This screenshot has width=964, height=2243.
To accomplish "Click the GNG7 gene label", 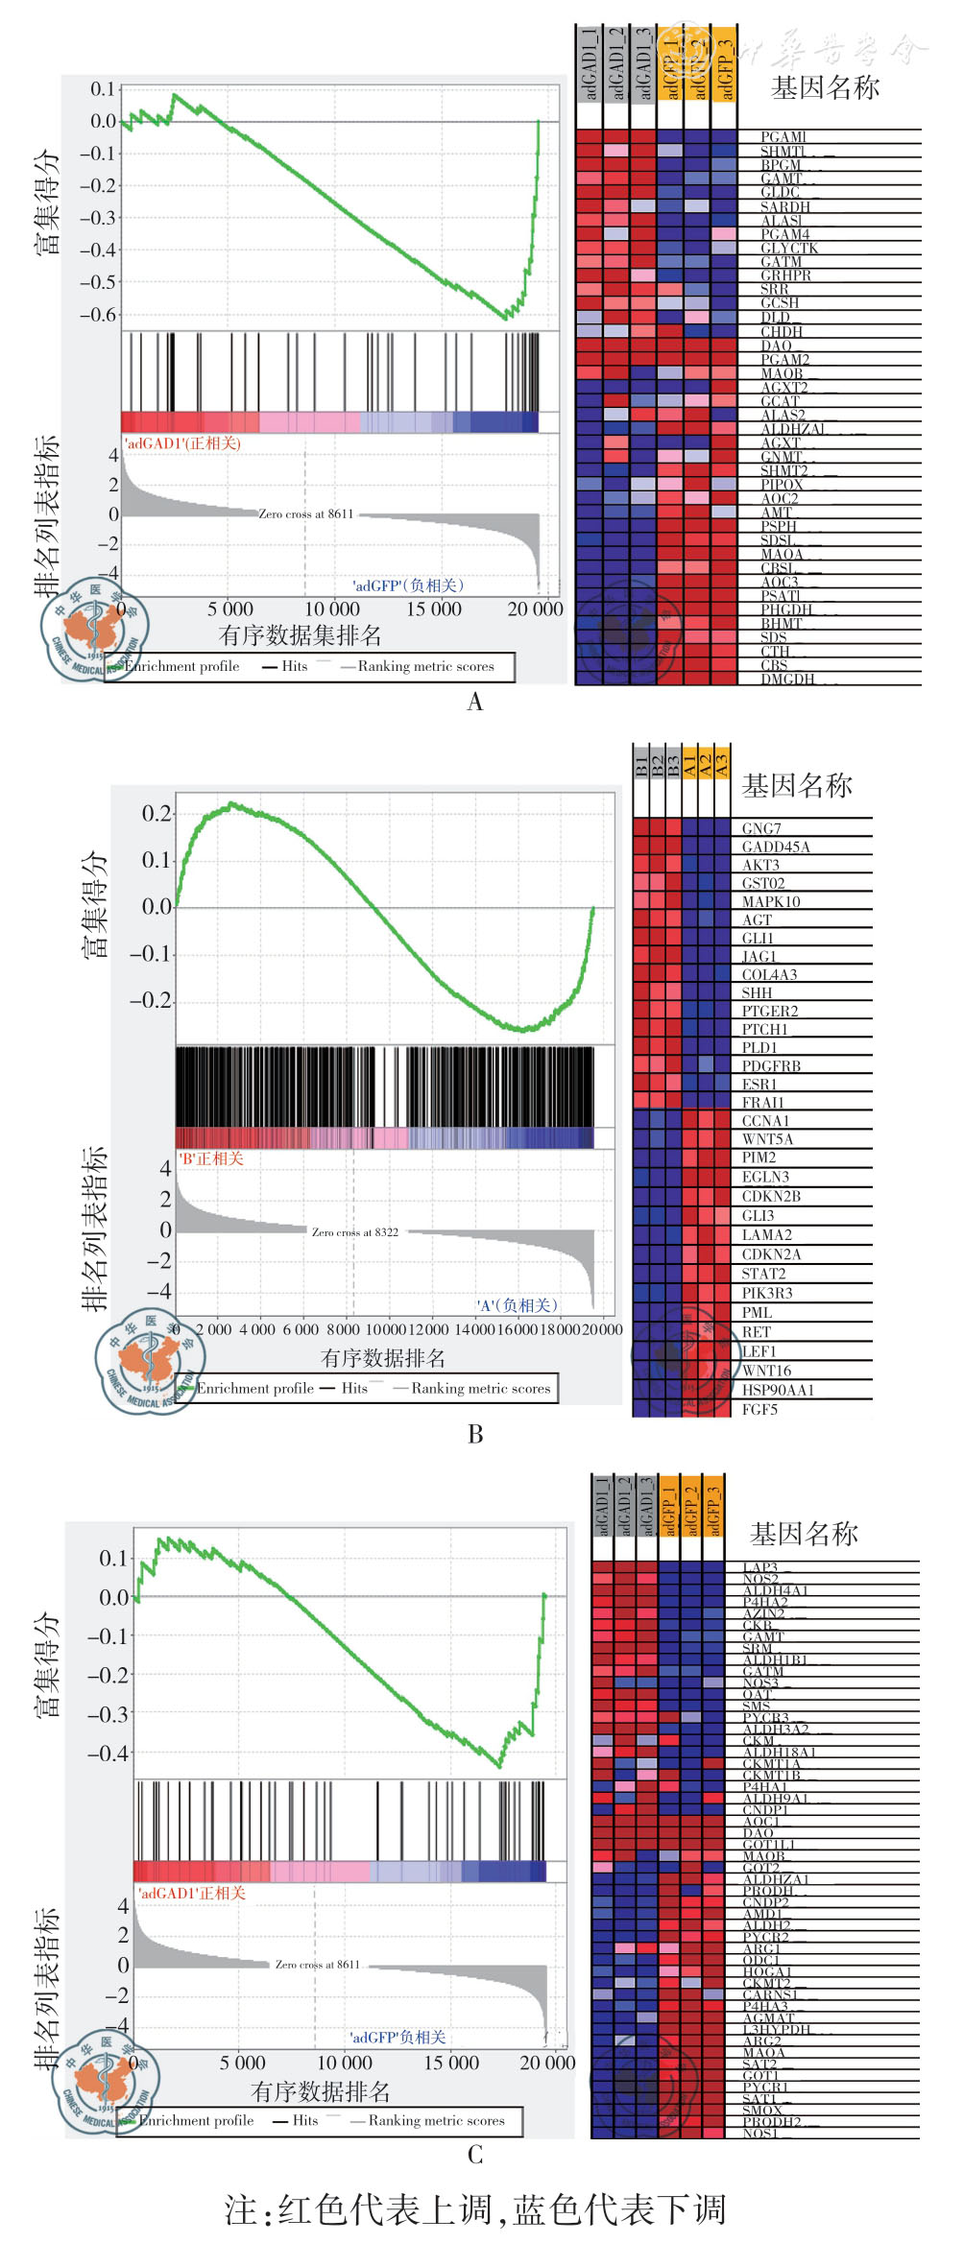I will pos(761,828).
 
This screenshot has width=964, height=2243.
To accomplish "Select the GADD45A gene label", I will pos(776,847).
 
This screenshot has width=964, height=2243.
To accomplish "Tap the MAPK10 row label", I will pos(771,901).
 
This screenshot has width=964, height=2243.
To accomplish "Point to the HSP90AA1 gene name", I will pos(778,1390).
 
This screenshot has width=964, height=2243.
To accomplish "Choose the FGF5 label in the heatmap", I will pos(759,1409).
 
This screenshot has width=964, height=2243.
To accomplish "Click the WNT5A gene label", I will pos(767,1139).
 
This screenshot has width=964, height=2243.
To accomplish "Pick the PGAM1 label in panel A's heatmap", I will pos(783,137).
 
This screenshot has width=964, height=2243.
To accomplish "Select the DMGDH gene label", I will pos(787,680).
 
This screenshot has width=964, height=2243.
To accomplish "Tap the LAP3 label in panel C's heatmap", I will pos(760,1567).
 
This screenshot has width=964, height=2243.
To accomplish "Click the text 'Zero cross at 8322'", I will pos(355,1232).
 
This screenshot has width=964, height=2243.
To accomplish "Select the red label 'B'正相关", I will pos(211,1158).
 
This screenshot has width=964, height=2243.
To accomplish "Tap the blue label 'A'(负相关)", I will pos(517,1305).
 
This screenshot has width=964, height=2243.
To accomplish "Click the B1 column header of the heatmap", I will pos(641,765).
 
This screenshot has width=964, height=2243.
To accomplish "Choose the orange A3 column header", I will pos(721,765).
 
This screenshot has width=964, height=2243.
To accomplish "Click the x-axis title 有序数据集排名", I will pos(300,635).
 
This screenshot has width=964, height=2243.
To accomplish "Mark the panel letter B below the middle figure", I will pos(475,1434).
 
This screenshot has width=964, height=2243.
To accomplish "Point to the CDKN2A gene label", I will pos(771,1254).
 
